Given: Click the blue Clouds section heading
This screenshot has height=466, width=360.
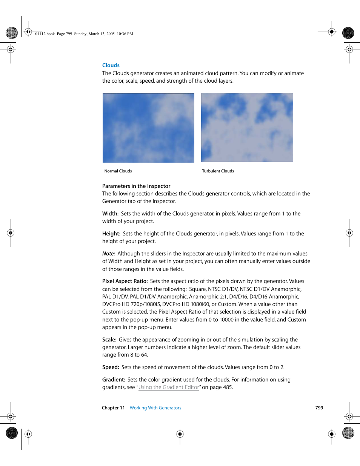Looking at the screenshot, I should tap(111, 65).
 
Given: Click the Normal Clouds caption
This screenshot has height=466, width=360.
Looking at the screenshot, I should tap(118, 171).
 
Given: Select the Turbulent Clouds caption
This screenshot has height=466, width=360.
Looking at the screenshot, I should tap(218, 171).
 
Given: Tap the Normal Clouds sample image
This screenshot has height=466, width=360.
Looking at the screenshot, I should tap(148, 128).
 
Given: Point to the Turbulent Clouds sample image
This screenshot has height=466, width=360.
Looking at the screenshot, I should tap(247, 128).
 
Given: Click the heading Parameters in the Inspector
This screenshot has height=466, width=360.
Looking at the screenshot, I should tap(136, 186).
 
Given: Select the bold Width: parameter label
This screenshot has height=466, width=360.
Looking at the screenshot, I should tap(110, 214).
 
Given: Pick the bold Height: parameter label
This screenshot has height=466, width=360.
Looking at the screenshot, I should tap(111, 234).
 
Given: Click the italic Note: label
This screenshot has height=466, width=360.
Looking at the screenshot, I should tap(109, 254).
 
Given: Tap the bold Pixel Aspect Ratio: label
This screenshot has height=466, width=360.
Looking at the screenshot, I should tap(125, 281).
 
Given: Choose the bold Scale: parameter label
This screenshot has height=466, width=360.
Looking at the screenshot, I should tap(109, 340).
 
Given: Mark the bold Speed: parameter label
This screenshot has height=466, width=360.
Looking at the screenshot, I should tap(111, 367).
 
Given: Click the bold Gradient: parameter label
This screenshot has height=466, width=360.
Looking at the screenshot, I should tap(114, 380).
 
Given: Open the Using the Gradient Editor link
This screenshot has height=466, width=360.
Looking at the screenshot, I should tap(168, 387).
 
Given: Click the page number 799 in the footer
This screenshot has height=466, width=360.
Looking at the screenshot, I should tap(319, 408).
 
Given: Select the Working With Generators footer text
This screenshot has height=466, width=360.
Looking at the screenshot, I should tap(155, 408).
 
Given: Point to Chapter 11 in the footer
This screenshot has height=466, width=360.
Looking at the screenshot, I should tap(113, 408).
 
